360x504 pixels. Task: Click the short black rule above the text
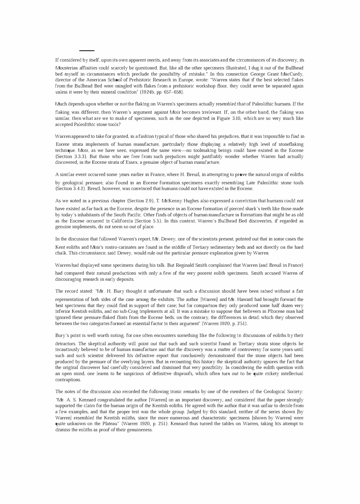[x=87, y=51]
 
